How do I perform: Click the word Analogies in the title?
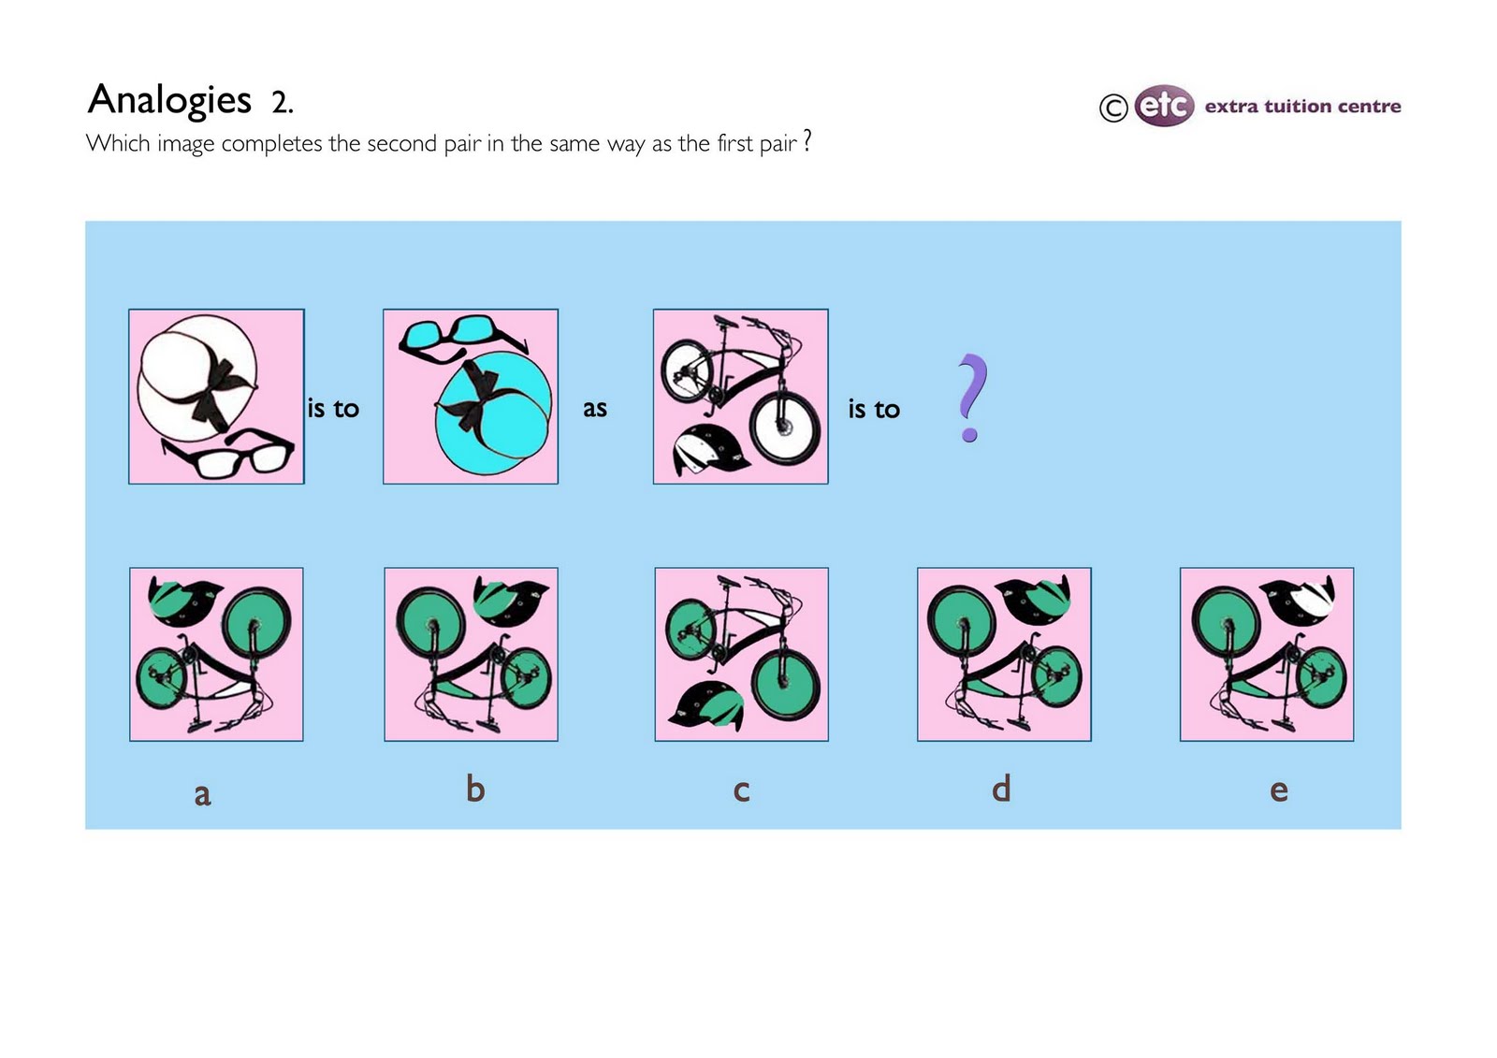click(x=169, y=100)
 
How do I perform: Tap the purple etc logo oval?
click(x=1164, y=106)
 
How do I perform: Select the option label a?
click(x=202, y=794)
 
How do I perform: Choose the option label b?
click(x=475, y=789)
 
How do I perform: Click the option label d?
click(x=1001, y=789)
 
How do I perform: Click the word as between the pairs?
click(x=595, y=409)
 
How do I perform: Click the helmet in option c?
click(x=707, y=706)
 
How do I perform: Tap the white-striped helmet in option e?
click(x=1299, y=599)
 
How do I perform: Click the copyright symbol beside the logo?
click(x=1112, y=109)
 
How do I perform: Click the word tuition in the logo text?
click(x=1303, y=107)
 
